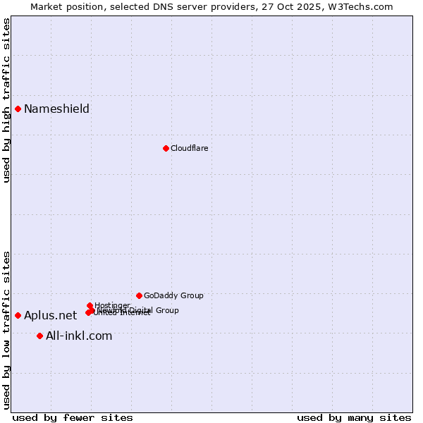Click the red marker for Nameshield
(18, 109)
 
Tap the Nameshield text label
(56, 109)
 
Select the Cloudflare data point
(166, 148)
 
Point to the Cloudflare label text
(189, 148)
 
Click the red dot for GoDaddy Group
(139, 295)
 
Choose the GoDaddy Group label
(173, 295)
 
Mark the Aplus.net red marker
(18, 315)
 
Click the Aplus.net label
(50, 315)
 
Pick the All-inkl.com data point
(39, 336)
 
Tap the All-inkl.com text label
(79, 336)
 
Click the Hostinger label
(112, 305)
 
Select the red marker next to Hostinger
(90, 305)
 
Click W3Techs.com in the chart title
(364, 6)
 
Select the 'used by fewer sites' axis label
(73, 417)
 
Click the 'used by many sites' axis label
(354, 417)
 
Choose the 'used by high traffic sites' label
(6, 100)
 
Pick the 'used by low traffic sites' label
(6, 330)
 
